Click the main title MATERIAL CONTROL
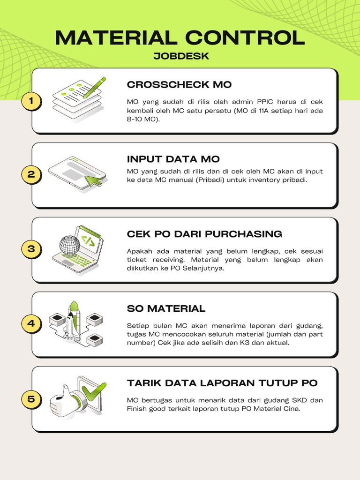180,37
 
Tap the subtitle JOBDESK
181,56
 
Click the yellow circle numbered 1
31,101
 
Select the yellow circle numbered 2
31,174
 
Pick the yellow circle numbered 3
31,249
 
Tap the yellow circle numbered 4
31,323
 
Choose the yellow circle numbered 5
31,399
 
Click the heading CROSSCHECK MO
179,84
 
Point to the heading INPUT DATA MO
173,159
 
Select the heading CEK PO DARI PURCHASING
204,234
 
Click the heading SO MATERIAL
166,308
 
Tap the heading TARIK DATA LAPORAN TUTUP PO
222,383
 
